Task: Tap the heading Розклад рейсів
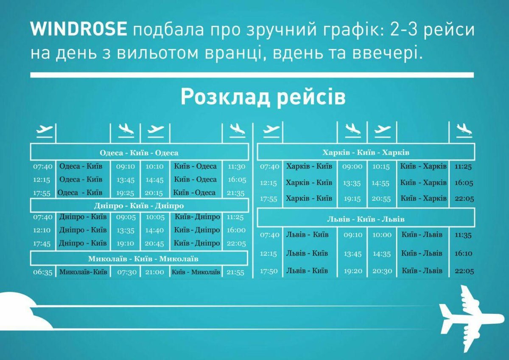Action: tap(263, 97)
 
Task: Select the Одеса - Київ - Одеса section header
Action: tap(139, 153)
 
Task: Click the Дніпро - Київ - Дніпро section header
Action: tap(139, 205)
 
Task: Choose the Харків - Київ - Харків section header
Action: tap(366, 152)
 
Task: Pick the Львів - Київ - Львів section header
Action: tap(366, 219)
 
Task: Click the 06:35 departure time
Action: tap(42, 272)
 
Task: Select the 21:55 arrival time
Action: tap(235, 272)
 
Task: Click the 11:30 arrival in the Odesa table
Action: tap(236, 166)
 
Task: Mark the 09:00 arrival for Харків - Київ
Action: tap(352, 166)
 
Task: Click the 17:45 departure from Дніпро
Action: tap(42, 244)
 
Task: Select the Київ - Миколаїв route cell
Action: tap(196, 272)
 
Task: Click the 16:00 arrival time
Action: tap(236, 230)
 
